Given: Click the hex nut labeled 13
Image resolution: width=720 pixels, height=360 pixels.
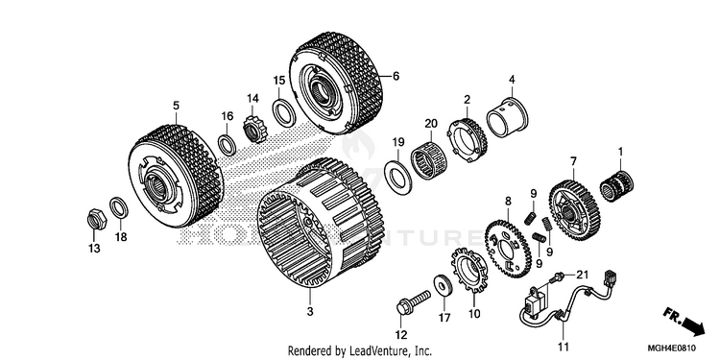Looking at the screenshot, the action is tap(96, 219).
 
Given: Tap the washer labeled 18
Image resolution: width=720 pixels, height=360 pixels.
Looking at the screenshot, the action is tap(118, 207).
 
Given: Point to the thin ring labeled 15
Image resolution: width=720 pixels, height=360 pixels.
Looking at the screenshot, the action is tap(284, 112).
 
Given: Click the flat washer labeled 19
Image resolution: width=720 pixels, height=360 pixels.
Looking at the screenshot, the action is tap(397, 175).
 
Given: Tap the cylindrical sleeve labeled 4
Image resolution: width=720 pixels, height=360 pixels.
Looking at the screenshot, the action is tap(507, 118).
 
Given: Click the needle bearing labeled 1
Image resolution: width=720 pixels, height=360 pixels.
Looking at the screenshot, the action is tap(616, 186).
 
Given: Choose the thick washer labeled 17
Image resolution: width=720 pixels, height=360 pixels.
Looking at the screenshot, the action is tap(443, 286).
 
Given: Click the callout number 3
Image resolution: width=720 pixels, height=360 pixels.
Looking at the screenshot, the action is tap(310, 312).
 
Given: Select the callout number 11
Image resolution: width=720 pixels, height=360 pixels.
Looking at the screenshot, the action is tap(563, 346).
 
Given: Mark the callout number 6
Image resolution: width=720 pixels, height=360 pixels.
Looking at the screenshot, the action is tap(396, 76).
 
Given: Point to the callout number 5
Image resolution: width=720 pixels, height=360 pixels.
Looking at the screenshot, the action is tap(176, 106).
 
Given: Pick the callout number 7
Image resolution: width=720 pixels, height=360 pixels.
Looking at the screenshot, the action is tap(573, 161).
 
